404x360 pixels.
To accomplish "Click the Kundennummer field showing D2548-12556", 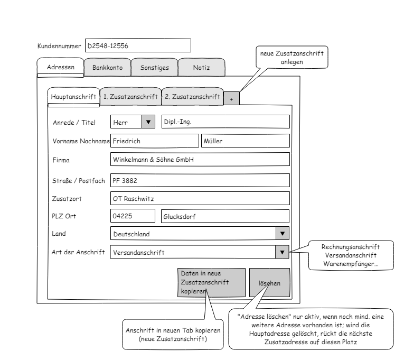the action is tap(138, 45).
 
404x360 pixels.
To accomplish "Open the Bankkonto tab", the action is tap(107, 67).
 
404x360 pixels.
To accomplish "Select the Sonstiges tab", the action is tap(154, 67).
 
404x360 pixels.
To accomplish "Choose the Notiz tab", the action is tap(201, 67).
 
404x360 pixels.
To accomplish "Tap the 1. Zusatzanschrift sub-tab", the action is tap(130, 96).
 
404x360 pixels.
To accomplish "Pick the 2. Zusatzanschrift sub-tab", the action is tap(192, 96).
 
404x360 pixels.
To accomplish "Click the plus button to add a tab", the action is tap(231, 98).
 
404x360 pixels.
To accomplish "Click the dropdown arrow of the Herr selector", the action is tap(148, 122).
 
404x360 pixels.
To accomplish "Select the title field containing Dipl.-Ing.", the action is tap(226, 122).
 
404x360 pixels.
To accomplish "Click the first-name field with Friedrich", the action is tap(155, 141).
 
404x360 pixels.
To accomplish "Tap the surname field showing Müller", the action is tap(245, 141).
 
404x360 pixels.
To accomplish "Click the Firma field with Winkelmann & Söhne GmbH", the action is tap(200, 159).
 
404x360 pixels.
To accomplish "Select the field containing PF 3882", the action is tap(200, 180).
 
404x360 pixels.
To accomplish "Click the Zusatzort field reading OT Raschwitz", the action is tap(200, 198).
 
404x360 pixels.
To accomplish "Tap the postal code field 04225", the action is tap(133, 216).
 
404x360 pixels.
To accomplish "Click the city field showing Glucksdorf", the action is tap(225, 216).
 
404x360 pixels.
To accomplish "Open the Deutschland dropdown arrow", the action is tap(283, 233).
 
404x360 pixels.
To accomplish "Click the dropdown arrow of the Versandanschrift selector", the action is tap(282, 252).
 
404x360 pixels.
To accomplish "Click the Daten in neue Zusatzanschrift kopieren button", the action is tap(211, 282).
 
